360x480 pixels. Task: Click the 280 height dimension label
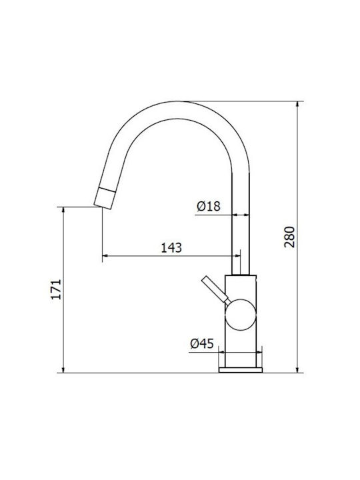(289, 237)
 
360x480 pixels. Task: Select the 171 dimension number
(56, 289)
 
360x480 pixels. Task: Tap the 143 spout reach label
(171, 247)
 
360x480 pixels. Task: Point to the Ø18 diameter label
(209, 206)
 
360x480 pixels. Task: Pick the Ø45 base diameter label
(202, 343)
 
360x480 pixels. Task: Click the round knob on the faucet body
(240, 315)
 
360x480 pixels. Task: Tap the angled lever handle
(216, 290)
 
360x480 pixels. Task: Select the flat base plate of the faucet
(241, 370)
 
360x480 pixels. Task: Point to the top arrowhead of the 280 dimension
(297, 105)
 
